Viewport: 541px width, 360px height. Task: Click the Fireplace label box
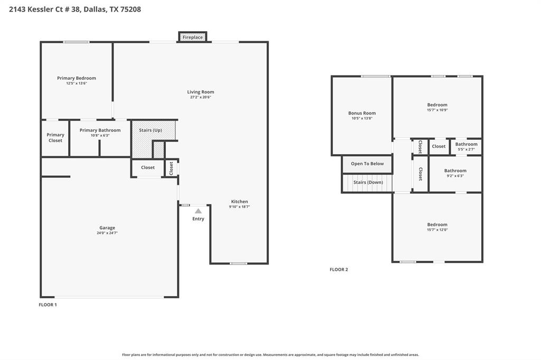coord(192,37)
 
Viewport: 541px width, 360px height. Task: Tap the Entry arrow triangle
coord(198,211)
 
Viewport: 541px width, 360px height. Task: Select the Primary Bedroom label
coord(77,78)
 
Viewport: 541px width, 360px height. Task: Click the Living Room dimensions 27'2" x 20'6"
coord(201,97)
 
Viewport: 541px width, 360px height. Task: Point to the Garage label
coord(107,228)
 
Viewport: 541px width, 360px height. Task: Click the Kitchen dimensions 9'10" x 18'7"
coord(239,207)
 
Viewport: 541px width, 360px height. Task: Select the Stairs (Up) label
coord(151,130)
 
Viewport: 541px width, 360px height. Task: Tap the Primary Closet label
coord(55,138)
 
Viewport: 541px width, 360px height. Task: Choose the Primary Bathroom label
coord(100,130)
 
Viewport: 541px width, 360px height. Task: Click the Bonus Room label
coord(362,113)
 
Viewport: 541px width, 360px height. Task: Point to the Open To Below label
coord(367,164)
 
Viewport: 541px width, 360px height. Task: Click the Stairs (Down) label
coord(368,182)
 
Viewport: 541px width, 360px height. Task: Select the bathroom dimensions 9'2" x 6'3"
coord(455,176)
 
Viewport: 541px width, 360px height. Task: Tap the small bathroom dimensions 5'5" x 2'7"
coord(466,149)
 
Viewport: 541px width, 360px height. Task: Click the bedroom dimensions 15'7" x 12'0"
coord(437,230)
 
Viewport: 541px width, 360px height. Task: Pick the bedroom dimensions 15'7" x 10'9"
coord(437,110)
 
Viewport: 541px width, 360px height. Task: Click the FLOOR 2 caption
coord(339,270)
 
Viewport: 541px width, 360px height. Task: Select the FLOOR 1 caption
coord(48,305)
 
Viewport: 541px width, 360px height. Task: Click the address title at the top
coord(75,9)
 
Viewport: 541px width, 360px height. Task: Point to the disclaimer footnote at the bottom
coord(270,355)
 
